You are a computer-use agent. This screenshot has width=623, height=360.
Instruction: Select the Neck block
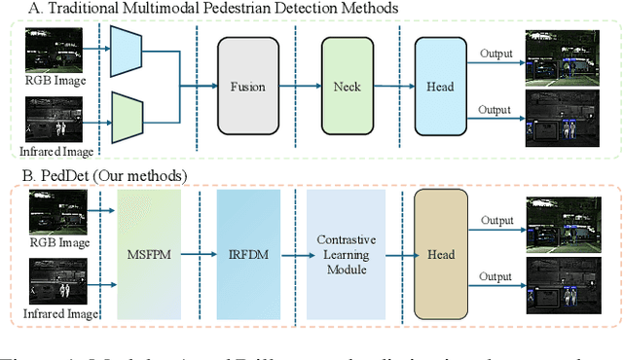click(x=348, y=86)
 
